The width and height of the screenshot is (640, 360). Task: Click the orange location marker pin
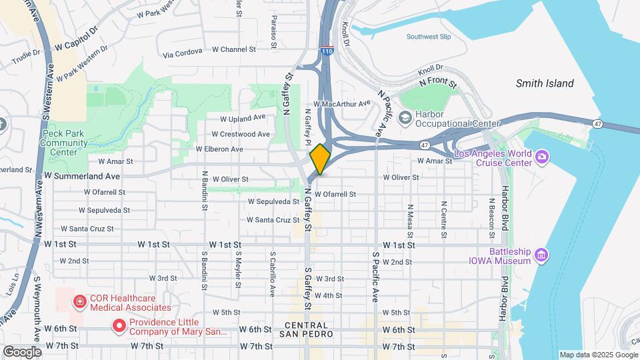pos(320,159)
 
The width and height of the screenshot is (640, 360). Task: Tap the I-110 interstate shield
pos(326,50)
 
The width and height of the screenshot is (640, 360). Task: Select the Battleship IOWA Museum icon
pos(541,255)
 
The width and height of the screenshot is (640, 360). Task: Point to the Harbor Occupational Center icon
pos(405,118)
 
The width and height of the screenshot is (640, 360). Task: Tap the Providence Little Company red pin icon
pos(119,325)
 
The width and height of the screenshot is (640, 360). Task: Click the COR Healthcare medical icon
pos(80,302)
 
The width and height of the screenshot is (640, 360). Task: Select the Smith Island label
pos(544,83)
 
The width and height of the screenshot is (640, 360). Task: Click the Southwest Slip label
pos(433,37)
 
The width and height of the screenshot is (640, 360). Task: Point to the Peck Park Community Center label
pos(64,142)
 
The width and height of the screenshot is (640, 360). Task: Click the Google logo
pos(22,352)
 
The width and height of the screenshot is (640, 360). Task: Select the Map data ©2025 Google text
pos(597,355)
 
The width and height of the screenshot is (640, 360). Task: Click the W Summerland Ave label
pos(82,176)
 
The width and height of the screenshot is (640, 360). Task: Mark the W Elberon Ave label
pos(219,149)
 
